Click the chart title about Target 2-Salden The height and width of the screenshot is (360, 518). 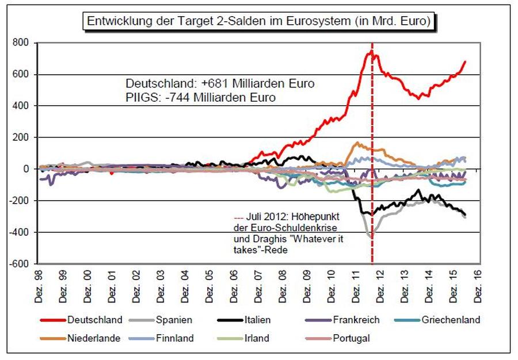[x=259, y=22]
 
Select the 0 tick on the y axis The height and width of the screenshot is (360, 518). [x=25, y=169]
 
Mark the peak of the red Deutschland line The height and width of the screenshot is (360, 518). [x=371, y=51]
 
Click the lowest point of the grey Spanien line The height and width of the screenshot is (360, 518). [x=371, y=236]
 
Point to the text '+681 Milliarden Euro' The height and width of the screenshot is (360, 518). [x=271, y=84]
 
